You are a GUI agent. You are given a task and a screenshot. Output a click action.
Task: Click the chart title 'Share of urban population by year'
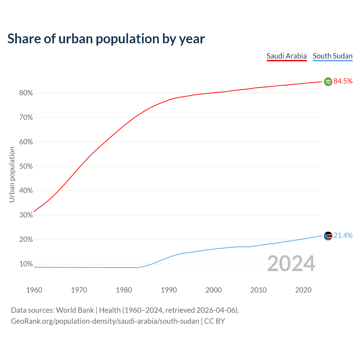point(106,39)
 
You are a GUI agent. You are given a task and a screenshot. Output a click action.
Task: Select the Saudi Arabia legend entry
point(286,56)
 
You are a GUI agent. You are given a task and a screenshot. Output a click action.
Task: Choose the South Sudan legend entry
point(332,56)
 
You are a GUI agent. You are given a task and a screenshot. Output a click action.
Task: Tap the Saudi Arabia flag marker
point(328,82)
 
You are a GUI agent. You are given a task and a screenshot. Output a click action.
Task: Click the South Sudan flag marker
point(328,236)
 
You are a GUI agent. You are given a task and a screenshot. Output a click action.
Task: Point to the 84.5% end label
point(343,81)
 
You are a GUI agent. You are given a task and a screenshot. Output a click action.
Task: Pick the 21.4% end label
point(343,235)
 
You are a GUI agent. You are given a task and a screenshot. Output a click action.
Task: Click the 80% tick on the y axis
point(26,93)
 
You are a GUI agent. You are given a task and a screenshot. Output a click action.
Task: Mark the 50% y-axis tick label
point(26,166)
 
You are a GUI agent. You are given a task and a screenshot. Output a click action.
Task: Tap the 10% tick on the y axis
point(26,264)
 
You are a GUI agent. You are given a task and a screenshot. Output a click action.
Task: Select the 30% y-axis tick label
point(26,215)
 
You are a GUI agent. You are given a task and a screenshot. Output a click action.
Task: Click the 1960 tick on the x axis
point(34,290)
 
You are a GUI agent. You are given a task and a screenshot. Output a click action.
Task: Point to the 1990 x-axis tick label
point(169,290)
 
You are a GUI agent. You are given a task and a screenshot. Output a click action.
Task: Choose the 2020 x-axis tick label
point(303,290)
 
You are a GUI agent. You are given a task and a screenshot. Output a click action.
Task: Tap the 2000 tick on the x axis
point(213,290)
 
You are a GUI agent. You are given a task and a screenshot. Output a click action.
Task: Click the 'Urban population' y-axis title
point(12,174)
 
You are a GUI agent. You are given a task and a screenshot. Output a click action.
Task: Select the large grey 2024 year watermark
point(291,264)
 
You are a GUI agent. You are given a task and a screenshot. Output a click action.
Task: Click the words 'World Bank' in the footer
point(75,310)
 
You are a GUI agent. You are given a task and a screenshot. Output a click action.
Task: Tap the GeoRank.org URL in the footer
point(105,321)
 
